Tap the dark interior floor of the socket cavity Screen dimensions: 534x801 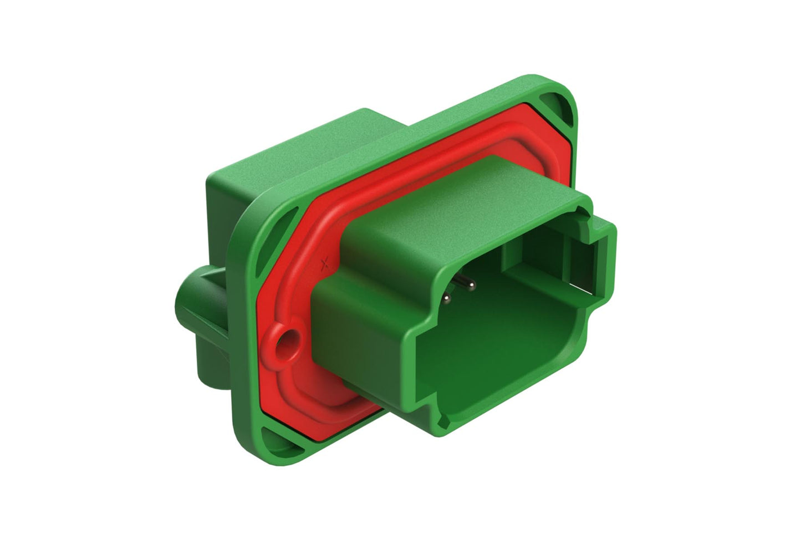tap(488, 360)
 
